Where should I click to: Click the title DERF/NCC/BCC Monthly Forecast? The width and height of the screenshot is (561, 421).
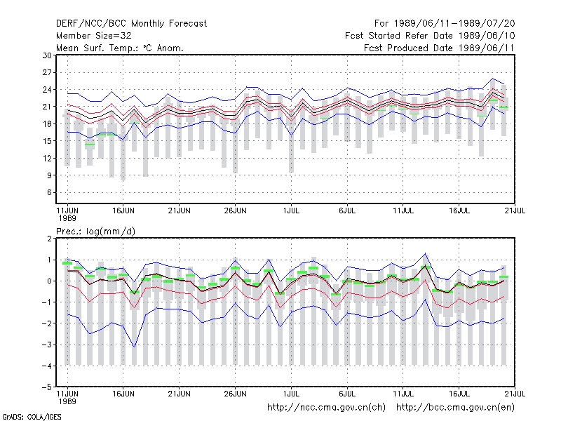(131, 24)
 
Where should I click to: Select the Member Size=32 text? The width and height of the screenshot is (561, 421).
(94, 36)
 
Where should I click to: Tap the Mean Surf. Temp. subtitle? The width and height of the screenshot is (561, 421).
(120, 48)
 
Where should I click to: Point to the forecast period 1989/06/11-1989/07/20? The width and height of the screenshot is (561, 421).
(445, 24)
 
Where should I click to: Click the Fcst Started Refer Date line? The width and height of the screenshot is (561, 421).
(430, 36)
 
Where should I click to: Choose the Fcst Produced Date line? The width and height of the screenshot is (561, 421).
(439, 48)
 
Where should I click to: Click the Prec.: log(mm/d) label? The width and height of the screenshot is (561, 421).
(95, 232)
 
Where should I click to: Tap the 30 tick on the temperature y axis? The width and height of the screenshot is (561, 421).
(47, 55)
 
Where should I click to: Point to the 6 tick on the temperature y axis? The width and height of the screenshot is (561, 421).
(49, 192)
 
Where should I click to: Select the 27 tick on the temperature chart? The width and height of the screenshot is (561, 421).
(47, 73)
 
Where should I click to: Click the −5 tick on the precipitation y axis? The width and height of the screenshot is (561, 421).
(47, 387)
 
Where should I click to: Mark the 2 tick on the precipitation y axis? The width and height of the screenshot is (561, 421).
(49, 239)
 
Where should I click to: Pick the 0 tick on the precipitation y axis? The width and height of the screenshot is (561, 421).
(49, 281)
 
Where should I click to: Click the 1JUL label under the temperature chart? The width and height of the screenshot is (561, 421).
(291, 211)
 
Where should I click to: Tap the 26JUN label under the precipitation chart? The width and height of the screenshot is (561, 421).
(235, 394)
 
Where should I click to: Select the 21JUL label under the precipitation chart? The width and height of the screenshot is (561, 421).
(515, 394)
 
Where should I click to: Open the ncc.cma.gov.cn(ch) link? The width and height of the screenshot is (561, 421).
(326, 408)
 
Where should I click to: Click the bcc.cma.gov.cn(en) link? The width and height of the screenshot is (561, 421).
(455, 408)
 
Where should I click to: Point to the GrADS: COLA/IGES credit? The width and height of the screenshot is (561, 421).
(32, 417)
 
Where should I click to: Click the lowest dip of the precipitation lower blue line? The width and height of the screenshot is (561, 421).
(135, 347)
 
